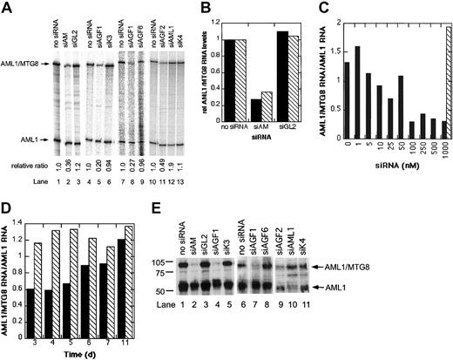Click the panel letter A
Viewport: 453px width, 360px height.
click(7, 7)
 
